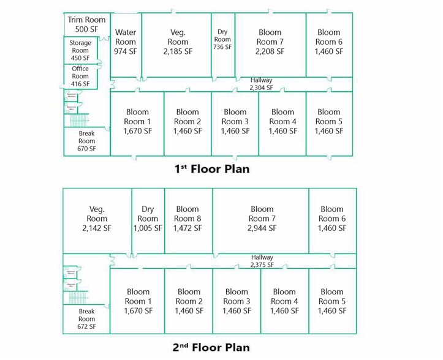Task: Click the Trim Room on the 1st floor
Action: [86, 24]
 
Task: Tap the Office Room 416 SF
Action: [80, 77]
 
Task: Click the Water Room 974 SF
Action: [126, 42]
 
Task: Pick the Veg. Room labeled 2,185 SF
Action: [178, 42]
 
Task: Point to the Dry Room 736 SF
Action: [222, 39]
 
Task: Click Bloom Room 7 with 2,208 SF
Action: [270, 42]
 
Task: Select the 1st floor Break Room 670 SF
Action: [86, 141]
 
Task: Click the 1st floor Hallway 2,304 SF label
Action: [261, 84]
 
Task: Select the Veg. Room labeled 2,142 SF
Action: [97, 219]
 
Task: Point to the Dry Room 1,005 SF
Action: [148, 219]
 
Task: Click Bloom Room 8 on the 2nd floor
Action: [187, 219]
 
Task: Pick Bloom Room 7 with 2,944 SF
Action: [262, 219]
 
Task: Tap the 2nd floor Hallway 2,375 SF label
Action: [262, 261]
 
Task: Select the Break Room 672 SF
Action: [86, 318]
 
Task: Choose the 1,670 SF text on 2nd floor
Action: [138, 311]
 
